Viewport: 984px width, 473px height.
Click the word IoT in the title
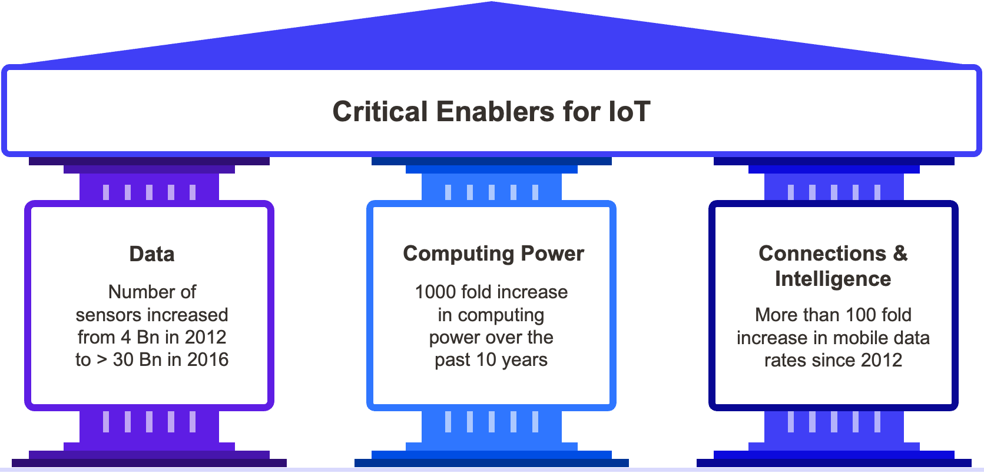tap(630, 112)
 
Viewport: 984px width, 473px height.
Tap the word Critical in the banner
tap(380, 112)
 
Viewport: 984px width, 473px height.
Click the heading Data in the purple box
tap(152, 254)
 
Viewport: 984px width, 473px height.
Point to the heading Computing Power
tap(493, 254)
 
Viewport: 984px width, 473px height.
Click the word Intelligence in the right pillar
tap(833, 279)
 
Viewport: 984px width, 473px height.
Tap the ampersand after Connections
tap(900, 254)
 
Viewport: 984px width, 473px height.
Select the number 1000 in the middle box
tap(435, 292)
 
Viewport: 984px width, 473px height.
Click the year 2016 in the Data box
tap(207, 359)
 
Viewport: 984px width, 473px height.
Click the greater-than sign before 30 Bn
tap(101, 360)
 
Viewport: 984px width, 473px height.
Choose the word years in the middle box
tap(525, 360)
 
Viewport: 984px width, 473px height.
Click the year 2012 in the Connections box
tap(881, 360)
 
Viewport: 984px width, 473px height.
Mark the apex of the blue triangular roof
tap(492, 4)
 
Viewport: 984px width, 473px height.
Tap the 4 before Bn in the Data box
tap(125, 337)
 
